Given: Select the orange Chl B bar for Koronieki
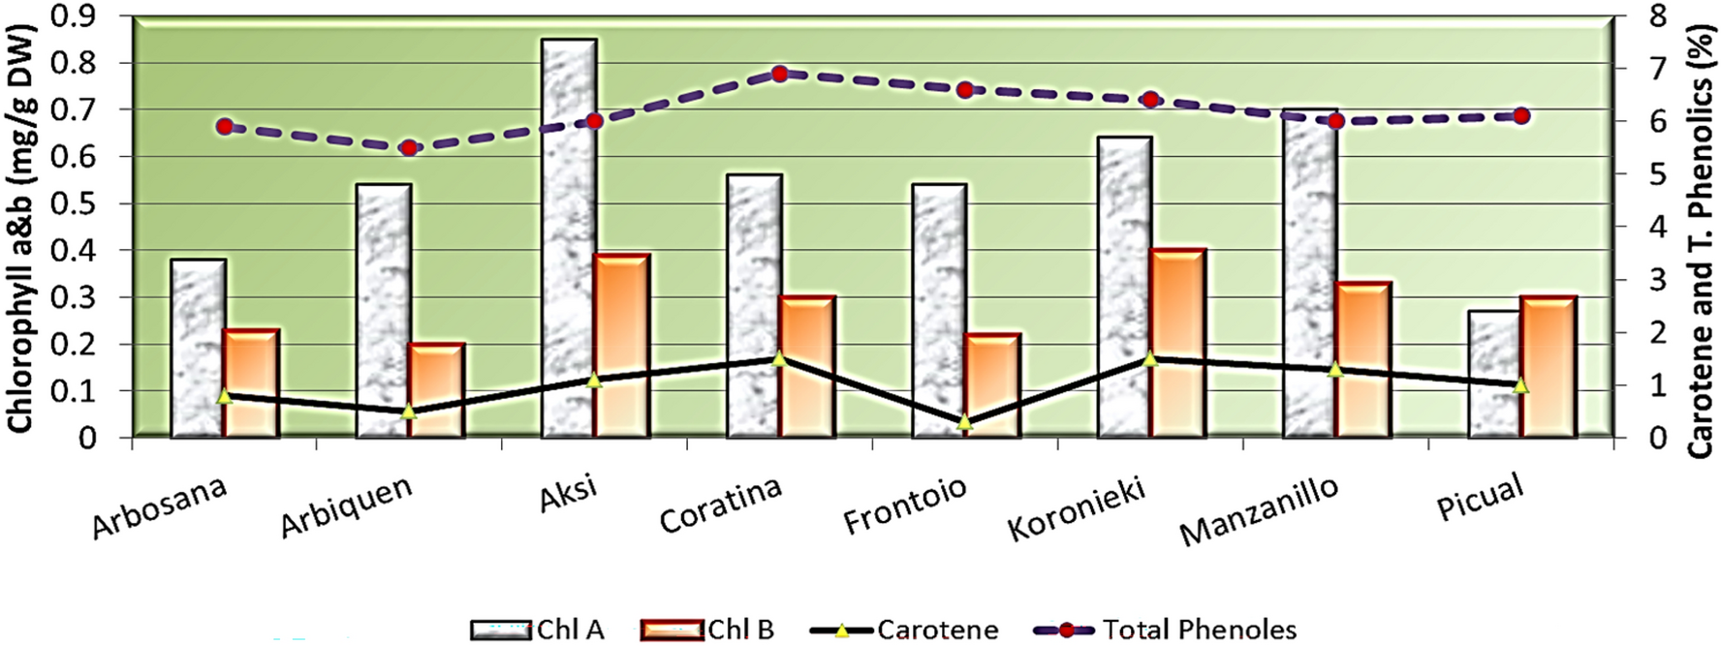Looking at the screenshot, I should [1176, 343].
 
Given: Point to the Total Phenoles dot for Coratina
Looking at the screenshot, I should [780, 74].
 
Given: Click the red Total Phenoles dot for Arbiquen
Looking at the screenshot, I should [409, 148].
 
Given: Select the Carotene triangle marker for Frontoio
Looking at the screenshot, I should [964, 422].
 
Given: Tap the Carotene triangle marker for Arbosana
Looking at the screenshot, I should [225, 395].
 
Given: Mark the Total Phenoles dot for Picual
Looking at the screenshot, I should [1521, 116].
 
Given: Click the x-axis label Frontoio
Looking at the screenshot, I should [904, 506].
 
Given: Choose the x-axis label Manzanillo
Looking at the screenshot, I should [1259, 511].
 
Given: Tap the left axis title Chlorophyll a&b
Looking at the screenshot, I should [21, 228].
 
